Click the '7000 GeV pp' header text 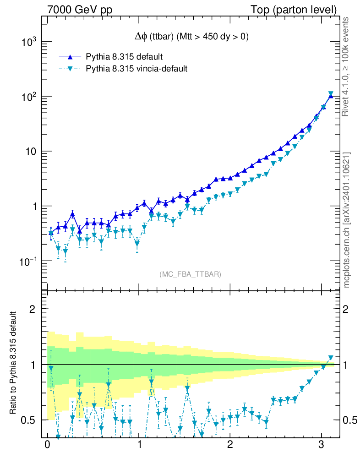click(x=80, y=10)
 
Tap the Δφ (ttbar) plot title click(x=188, y=37)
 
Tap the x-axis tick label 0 click(x=47, y=446)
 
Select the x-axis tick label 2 click(x=229, y=446)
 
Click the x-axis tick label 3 click(x=321, y=446)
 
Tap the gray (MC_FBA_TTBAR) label click(x=191, y=274)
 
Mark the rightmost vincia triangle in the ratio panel click(x=331, y=358)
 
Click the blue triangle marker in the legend click(x=70, y=57)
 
